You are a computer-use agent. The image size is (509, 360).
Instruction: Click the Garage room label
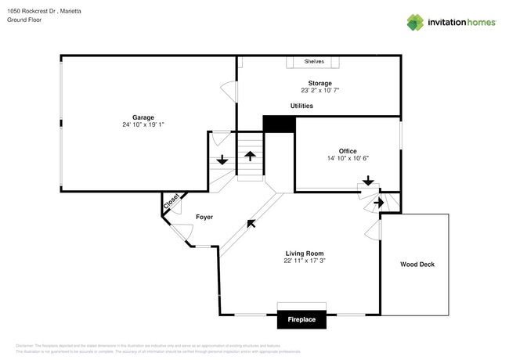click(x=143, y=117)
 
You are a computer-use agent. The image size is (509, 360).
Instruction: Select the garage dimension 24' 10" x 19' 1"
click(x=143, y=125)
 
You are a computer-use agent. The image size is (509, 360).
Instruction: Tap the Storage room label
click(x=319, y=83)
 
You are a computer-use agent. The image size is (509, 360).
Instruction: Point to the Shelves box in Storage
click(x=314, y=61)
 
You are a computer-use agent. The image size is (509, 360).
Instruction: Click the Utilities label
click(x=301, y=106)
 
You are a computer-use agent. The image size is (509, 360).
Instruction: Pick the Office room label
click(x=348, y=150)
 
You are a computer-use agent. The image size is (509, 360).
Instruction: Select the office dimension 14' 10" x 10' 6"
click(x=348, y=158)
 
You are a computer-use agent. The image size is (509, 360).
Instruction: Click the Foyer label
click(x=204, y=217)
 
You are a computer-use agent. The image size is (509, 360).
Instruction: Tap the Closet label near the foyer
click(x=171, y=201)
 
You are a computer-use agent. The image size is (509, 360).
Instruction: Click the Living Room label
click(x=304, y=254)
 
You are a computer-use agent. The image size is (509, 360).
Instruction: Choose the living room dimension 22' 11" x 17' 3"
click(x=304, y=261)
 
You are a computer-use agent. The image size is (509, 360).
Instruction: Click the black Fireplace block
click(x=301, y=319)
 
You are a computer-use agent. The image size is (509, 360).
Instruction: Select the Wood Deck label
click(x=417, y=265)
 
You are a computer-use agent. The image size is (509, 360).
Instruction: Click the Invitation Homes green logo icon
click(x=414, y=22)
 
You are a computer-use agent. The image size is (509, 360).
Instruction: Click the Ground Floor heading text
click(x=24, y=20)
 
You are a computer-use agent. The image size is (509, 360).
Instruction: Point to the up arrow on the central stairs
click(x=251, y=155)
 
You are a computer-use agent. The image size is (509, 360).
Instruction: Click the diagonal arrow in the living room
click(x=251, y=224)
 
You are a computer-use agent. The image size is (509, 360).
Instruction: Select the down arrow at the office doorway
click(x=367, y=181)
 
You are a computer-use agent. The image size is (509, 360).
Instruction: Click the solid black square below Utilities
click(x=278, y=124)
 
